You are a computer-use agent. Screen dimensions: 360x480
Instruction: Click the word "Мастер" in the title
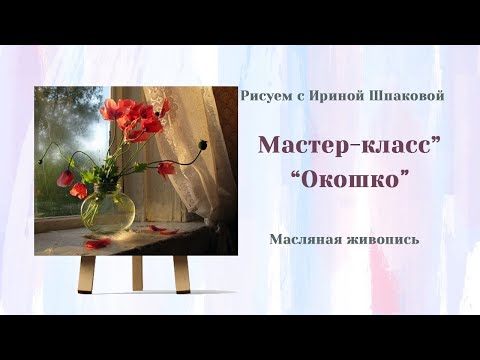click(x=297, y=144)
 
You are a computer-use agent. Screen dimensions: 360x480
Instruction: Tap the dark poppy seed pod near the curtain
click(x=204, y=145)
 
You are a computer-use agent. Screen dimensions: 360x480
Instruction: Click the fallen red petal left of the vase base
click(x=96, y=243)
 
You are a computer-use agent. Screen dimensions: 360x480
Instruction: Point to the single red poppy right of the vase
click(x=166, y=168)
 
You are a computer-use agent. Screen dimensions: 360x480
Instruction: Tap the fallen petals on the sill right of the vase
click(x=161, y=230)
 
